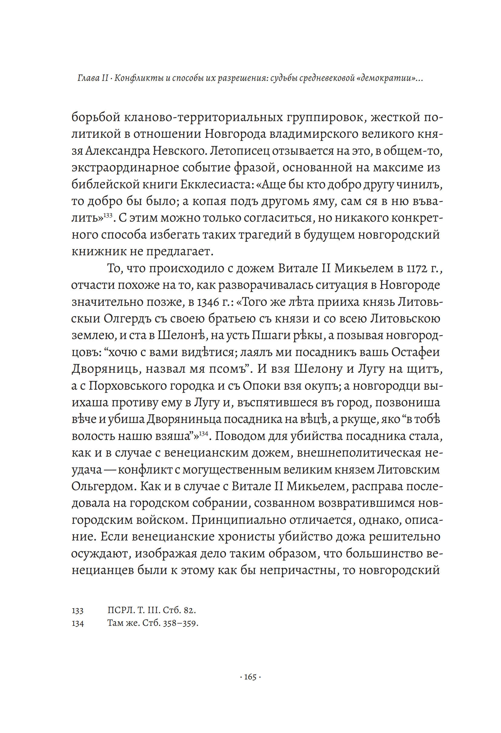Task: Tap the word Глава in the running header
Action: (x=89, y=78)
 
